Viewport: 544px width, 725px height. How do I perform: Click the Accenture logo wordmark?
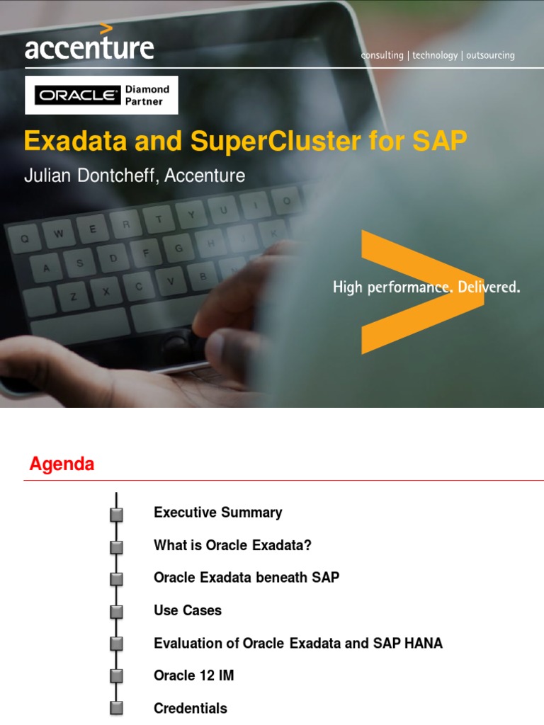(x=89, y=47)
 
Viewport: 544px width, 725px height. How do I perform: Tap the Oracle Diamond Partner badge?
(x=102, y=96)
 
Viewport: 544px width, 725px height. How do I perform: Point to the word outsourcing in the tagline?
(x=490, y=55)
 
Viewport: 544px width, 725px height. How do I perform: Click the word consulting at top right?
(x=382, y=55)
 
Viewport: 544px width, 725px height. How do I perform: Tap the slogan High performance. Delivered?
(x=426, y=287)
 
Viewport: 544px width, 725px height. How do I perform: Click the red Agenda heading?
(x=62, y=464)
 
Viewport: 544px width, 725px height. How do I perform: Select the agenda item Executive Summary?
(x=217, y=513)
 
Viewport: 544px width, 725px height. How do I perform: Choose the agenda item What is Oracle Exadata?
(x=232, y=545)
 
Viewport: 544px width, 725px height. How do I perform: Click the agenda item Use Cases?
(x=188, y=610)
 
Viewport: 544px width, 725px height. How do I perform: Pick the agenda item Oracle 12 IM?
(x=193, y=675)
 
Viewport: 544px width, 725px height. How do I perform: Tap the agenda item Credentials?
(x=191, y=708)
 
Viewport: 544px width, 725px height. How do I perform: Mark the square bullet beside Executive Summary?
(x=117, y=514)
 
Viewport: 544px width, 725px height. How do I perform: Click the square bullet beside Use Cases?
(x=117, y=612)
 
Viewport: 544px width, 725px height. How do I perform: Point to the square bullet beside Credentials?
(x=117, y=709)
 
